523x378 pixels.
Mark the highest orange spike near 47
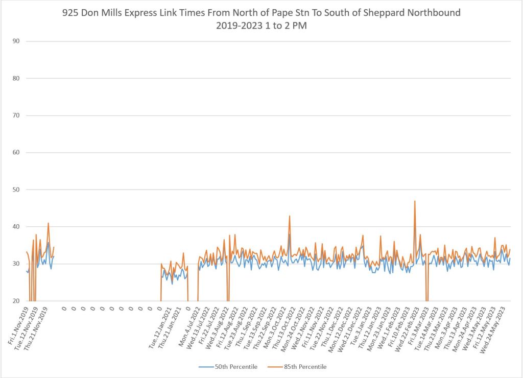point(415,201)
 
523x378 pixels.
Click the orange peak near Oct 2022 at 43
point(290,216)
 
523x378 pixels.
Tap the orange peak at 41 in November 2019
point(49,223)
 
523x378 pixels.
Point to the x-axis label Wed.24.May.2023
point(494,328)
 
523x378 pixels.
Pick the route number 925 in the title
point(123,13)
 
